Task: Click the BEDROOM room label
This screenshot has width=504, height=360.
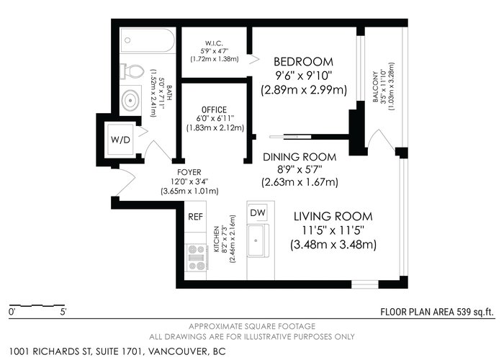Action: (x=303, y=61)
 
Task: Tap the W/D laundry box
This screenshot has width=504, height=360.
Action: (x=120, y=139)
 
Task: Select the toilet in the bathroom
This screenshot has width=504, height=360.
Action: (x=131, y=71)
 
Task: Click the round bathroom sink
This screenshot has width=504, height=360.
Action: (x=130, y=100)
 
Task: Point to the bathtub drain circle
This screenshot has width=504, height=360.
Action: (x=127, y=40)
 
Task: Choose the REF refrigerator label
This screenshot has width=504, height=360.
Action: (x=195, y=217)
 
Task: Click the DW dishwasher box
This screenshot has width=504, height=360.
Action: (x=258, y=212)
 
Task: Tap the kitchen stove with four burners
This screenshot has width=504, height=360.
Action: (x=197, y=257)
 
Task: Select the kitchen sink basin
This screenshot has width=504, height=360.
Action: (x=256, y=240)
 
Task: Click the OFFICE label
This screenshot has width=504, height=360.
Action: (x=214, y=109)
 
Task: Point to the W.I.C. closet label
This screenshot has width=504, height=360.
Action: (x=214, y=43)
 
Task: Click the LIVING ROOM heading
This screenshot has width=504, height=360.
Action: (x=333, y=216)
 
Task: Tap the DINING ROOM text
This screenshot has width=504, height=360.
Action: (x=300, y=157)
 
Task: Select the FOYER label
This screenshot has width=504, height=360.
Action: (x=189, y=173)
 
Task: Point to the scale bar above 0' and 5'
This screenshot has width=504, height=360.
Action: (x=37, y=305)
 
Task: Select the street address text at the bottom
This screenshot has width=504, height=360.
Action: (x=117, y=351)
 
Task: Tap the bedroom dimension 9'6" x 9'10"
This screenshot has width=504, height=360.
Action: (x=303, y=76)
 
